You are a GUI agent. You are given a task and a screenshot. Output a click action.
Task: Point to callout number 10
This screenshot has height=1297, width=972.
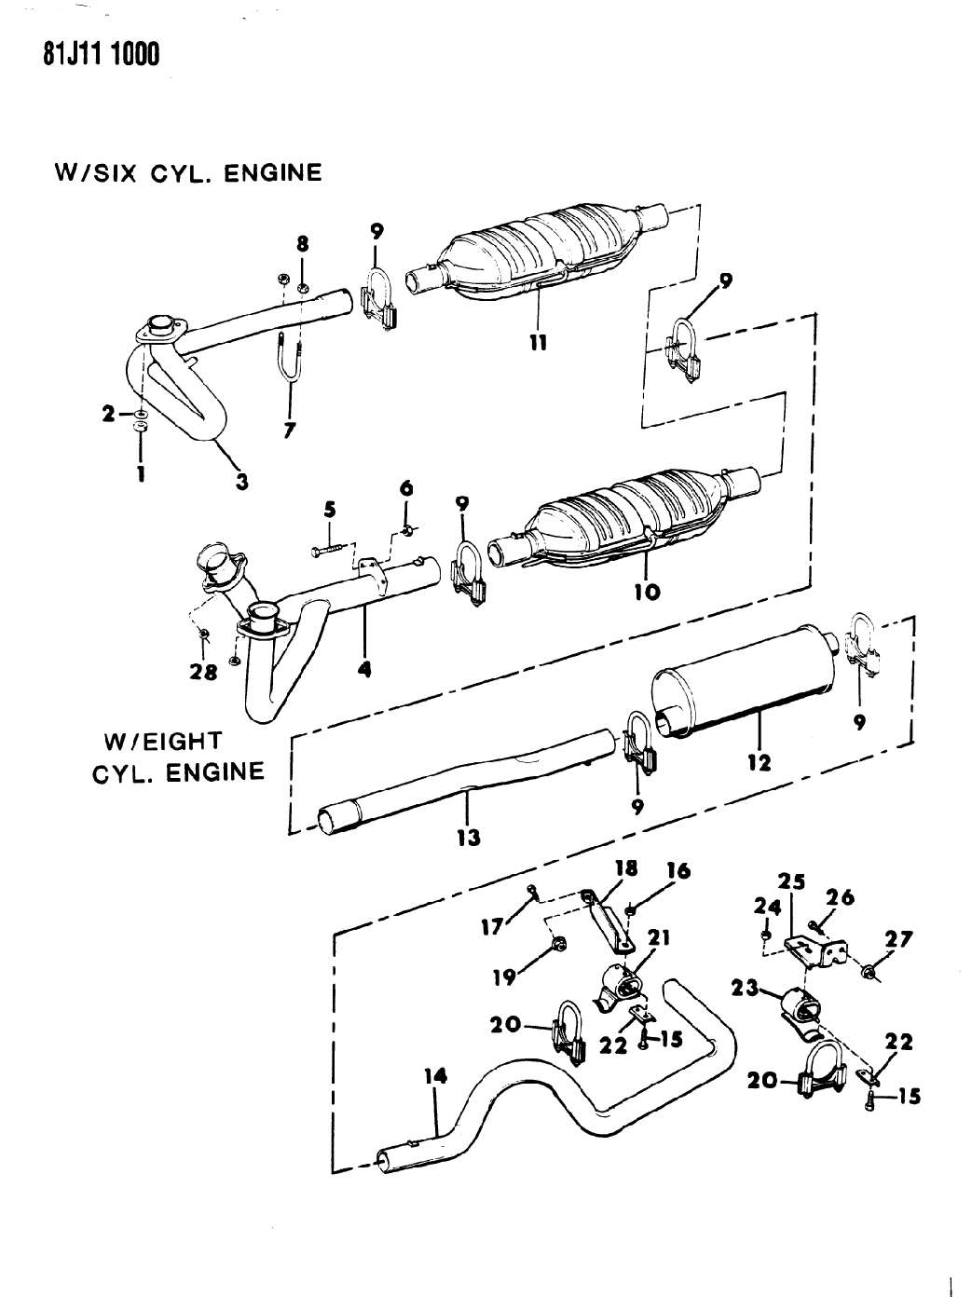[x=648, y=591]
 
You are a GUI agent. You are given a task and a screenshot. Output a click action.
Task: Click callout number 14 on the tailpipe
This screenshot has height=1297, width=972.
[x=434, y=1077]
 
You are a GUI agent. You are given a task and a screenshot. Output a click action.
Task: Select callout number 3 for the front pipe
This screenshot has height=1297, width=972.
[x=241, y=481]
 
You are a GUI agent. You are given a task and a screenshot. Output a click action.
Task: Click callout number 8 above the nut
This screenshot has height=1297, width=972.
[x=302, y=244]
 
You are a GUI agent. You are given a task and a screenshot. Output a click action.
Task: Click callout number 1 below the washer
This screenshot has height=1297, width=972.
[x=141, y=473]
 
